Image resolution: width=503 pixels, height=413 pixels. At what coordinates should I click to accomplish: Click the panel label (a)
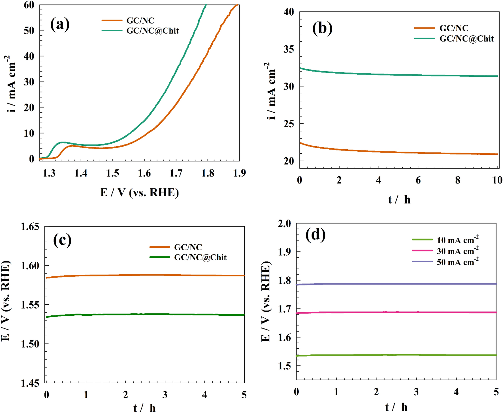60,24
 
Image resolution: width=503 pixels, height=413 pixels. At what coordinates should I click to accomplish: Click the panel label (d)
315,235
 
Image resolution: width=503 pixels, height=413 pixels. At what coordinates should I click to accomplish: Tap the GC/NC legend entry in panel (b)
454,28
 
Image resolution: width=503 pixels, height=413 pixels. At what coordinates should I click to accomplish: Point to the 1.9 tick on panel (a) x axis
239,173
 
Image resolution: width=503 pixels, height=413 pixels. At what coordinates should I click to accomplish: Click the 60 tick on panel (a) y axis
29,5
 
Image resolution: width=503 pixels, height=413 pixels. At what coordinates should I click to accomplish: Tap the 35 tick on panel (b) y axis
289,49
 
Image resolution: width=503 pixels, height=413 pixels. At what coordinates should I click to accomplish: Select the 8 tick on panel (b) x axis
458,180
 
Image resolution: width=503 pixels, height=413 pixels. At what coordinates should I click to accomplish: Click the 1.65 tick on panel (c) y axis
30,227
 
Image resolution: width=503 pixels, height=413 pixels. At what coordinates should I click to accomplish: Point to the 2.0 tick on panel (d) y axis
284,223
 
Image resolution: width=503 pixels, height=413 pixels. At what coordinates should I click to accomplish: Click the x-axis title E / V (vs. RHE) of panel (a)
139,193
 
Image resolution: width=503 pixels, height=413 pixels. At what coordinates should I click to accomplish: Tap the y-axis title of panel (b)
270,91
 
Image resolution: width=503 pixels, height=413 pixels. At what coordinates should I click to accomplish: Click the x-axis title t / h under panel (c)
144,408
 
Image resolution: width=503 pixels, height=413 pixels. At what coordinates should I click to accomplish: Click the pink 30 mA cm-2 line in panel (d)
397,312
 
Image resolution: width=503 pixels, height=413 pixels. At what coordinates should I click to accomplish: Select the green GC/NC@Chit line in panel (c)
142,314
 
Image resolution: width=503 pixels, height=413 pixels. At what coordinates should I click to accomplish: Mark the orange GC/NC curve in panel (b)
397,152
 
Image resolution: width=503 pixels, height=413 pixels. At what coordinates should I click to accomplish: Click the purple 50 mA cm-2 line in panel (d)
397,284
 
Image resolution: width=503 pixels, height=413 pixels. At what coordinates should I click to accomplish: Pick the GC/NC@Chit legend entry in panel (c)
200,257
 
